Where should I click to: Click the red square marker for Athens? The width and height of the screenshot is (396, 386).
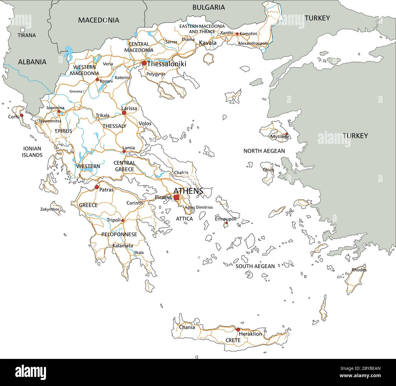pyautogui.click(x=176, y=197)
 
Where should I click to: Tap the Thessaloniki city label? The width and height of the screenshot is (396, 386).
pyautogui.click(x=166, y=64)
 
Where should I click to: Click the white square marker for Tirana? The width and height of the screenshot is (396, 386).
pyautogui.click(x=23, y=30)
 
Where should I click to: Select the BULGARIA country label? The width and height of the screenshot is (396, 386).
pyautogui.click(x=209, y=7)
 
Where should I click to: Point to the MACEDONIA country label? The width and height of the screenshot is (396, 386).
pyautogui.click(x=98, y=20)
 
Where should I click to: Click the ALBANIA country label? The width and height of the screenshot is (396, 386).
pyautogui.click(x=32, y=62)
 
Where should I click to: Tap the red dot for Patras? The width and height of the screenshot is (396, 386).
pyautogui.click(x=97, y=187)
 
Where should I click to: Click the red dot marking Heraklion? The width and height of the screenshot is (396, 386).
pyautogui.click(x=238, y=329)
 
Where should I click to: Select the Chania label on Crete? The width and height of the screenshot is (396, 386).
pyautogui.click(x=187, y=328)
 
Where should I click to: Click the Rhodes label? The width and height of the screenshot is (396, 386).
pyautogui.click(x=359, y=270)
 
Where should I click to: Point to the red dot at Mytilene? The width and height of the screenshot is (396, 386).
pyautogui.click(x=286, y=134)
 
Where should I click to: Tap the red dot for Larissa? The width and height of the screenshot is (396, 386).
pyautogui.click(x=124, y=113)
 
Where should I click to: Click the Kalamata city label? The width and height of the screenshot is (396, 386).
pyautogui.click(x=123, y=246)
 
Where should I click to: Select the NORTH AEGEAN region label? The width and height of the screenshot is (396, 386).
pyautogui.click(x=264, y=151)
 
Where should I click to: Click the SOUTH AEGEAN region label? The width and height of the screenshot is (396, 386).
pyautogui.click(x=255, y=266)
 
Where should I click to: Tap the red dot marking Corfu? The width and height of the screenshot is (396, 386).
pyautogui.click(x=22, y=115)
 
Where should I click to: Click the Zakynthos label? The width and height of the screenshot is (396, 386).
pyautogui.click(x=50, y=209)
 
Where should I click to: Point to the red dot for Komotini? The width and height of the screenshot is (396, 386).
pyautogui.click(x=237, y=34)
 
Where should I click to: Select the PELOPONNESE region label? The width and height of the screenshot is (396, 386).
pyautogui.click(x=119, y=234)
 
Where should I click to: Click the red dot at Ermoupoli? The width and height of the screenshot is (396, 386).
pyautogui.click(x=226, y=223)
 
